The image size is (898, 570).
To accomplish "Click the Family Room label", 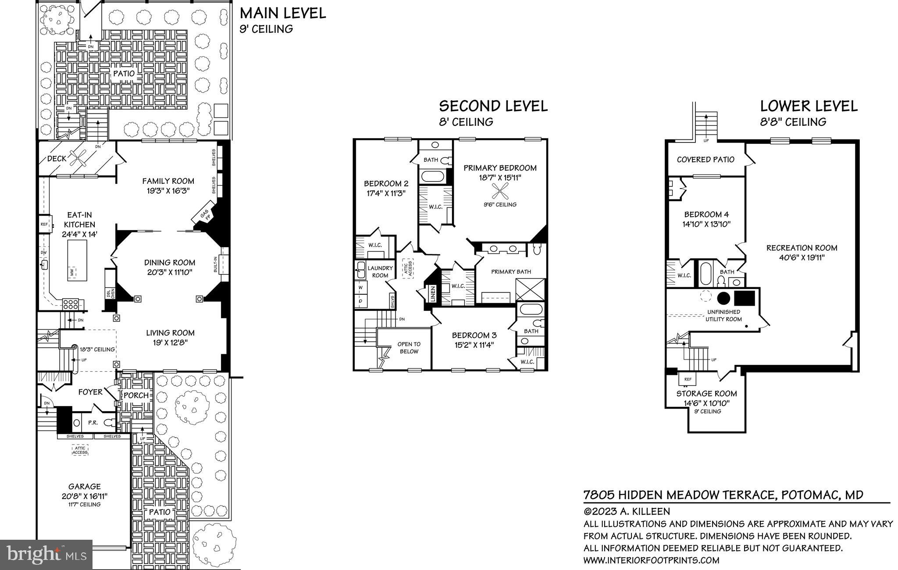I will click(168, 181).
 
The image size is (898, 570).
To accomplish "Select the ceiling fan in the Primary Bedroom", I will click(500, 191).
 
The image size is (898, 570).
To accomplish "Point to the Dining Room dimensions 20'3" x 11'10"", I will click(170, 272).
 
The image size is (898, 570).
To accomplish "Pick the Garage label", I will click(84, 486).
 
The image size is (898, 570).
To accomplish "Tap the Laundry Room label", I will click(380, 271).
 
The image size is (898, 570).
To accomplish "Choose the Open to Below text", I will click(409, 348).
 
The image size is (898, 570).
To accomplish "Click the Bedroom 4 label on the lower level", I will click(706, 214).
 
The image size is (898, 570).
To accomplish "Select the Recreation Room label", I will click(802, 248).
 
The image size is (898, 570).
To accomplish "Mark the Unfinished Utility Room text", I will click(723, 315).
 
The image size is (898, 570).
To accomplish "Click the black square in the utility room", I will click(745, 298).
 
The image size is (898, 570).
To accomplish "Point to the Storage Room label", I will click(706, 393).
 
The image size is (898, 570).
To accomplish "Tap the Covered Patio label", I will click(705, 160).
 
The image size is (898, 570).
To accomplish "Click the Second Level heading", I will click(493, 106).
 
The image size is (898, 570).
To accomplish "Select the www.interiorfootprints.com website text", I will click(651, 560).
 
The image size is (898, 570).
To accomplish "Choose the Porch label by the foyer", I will click(136, 395).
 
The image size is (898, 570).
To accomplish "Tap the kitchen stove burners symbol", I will click(71, 304).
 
